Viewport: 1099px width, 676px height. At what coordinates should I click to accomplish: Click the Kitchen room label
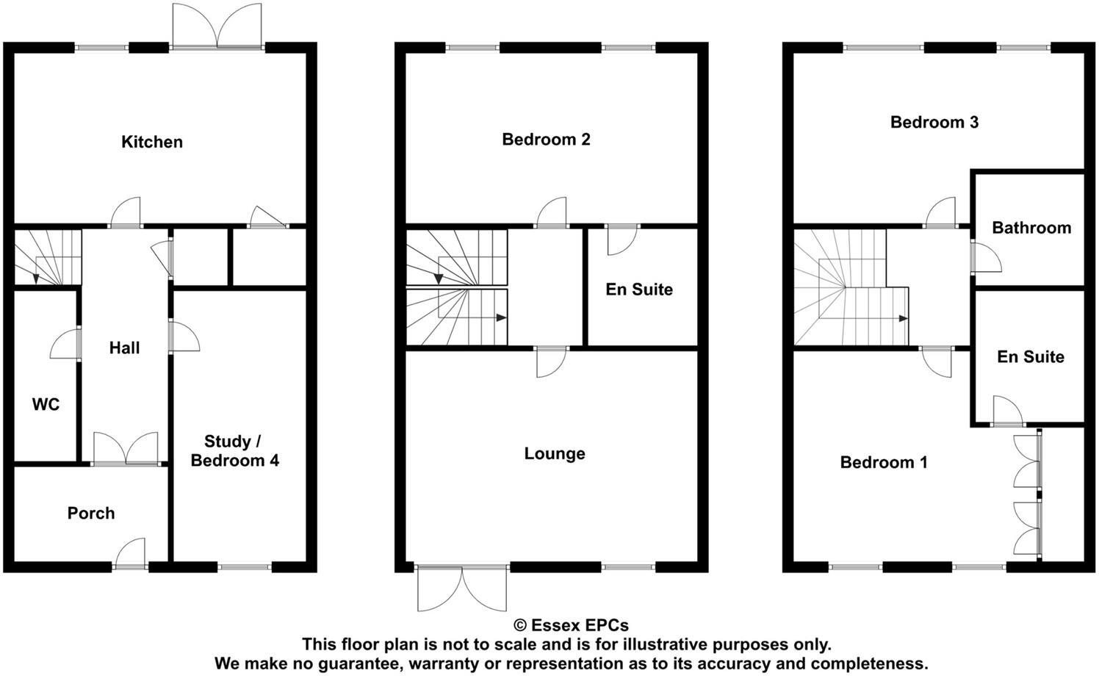[x=152, y=142]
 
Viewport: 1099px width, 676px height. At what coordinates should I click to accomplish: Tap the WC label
[x=46, y=405]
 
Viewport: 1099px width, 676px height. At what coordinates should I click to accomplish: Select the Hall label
[x=124, y=348]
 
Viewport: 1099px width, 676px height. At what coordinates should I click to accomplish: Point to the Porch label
[x=91, y=513]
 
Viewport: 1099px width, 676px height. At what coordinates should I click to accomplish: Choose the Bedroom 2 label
[x=546, y=139]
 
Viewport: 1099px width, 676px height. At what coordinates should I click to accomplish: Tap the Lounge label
[x=555, y=453]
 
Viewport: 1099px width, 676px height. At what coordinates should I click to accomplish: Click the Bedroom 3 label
[x=934, y=122]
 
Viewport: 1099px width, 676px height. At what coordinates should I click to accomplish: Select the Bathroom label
[x=1031, y=228]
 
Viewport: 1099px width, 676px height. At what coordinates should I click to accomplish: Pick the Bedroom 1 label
[x=884, y=462]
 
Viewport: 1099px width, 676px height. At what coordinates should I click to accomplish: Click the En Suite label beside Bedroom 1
[x=1030, y=356]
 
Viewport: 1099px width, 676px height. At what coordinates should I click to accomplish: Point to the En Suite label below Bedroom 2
[x=639, y=290]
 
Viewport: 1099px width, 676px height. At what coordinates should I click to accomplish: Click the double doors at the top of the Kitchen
[x=217, y=27]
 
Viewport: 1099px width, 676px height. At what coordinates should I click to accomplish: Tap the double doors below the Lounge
[x=462, y=589]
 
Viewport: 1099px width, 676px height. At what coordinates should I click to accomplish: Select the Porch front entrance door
[x=131, y=555]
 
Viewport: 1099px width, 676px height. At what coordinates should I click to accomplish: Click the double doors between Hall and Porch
[x=126, y=449]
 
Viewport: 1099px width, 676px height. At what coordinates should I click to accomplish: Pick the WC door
[x=65, y=343]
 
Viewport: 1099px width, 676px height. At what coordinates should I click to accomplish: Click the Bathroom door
[x=984, y=257]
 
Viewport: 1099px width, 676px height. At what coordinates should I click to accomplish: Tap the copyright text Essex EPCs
[x=571, y=625]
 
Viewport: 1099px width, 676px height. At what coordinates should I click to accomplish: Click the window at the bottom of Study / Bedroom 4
[x=245, y=567]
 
